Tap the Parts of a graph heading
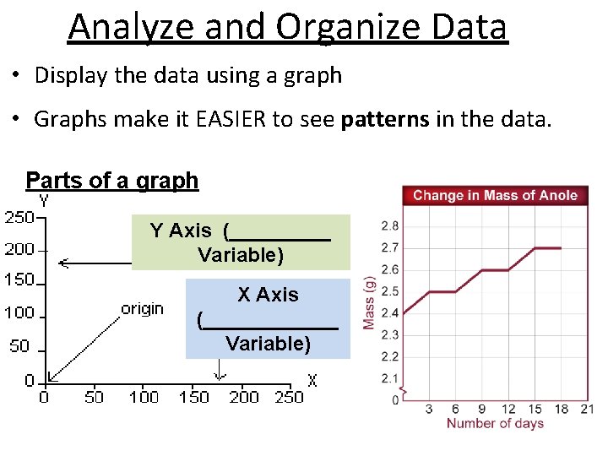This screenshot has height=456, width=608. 112,180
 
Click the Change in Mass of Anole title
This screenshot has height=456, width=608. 495,195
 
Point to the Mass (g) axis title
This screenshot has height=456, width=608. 369,302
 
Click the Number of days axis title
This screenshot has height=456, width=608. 495,423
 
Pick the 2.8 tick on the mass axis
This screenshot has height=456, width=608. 390,226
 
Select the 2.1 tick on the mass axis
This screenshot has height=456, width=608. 390,378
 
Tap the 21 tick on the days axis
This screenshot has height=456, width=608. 587,409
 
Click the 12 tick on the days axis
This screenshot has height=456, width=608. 508,409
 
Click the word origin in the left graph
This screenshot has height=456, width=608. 142,308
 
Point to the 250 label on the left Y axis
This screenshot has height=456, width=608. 19,217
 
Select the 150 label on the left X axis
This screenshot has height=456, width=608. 193,397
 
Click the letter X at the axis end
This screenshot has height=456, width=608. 312,381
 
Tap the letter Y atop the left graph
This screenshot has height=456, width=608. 44,201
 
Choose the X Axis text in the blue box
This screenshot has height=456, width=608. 268,295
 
